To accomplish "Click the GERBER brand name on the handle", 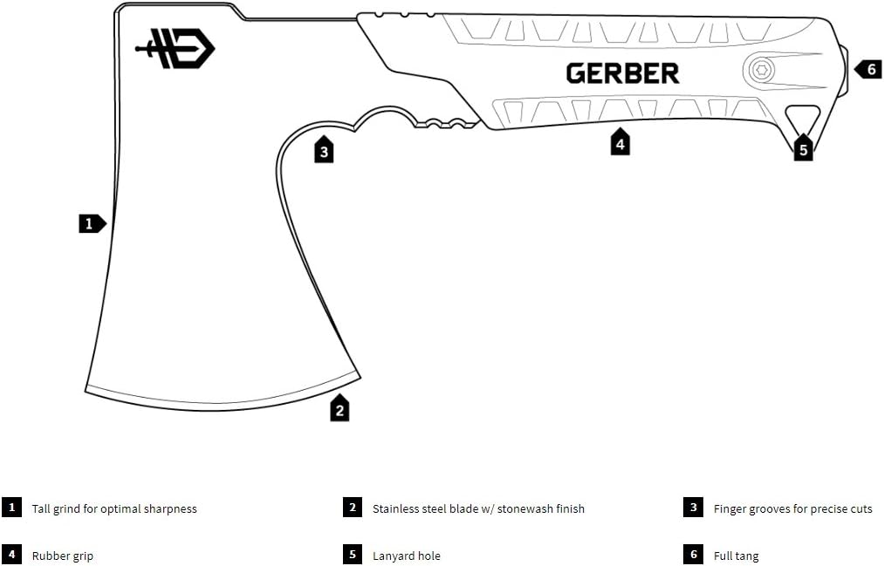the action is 622,73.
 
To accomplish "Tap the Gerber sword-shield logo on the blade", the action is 175,49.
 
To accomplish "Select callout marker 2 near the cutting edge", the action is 339,408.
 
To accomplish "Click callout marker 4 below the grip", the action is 620,142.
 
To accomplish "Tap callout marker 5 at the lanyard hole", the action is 804,148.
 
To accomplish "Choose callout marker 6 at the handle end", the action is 868,70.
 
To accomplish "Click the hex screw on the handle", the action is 762,71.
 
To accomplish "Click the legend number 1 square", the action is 11,507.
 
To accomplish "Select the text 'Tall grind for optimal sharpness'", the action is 114,509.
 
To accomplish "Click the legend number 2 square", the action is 353,507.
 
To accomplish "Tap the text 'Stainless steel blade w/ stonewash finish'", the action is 478,509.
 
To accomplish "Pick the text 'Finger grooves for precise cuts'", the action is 792,509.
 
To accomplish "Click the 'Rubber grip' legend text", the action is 63,556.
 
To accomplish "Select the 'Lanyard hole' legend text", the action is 407,556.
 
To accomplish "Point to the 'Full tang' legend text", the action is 737,556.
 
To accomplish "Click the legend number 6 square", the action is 694,554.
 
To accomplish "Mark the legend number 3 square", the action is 694,507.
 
